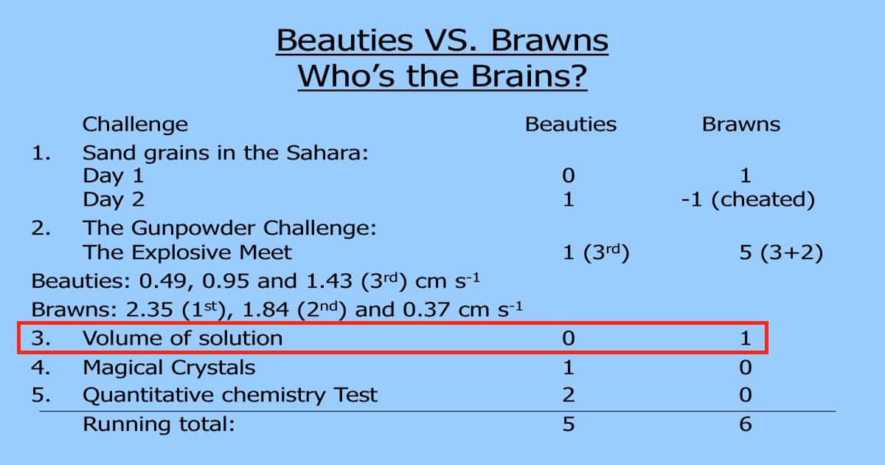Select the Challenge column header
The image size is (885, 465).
coord(135,125)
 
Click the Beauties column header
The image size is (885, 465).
coord(571,125)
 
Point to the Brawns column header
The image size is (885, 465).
coord(740,125)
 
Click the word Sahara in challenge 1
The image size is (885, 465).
coord(327,153)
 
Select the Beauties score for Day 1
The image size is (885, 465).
coord(569,176)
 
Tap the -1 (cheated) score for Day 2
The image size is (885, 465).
coord(748,199)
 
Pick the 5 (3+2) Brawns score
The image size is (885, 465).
coord(781,252)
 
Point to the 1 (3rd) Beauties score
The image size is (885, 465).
coord(595,252)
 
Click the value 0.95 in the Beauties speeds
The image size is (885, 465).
coord(226,281)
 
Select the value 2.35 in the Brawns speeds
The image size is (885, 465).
coord(149,309)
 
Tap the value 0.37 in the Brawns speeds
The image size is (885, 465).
coord(426,309)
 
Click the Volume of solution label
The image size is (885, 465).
coord(183,339)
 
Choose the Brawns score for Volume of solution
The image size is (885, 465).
coord(746,339)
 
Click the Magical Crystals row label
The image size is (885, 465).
coord(169,368)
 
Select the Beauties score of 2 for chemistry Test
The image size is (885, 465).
coord(569,395)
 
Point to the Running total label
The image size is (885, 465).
coord(159,424)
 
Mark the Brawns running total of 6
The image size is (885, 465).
coord(746,424)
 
